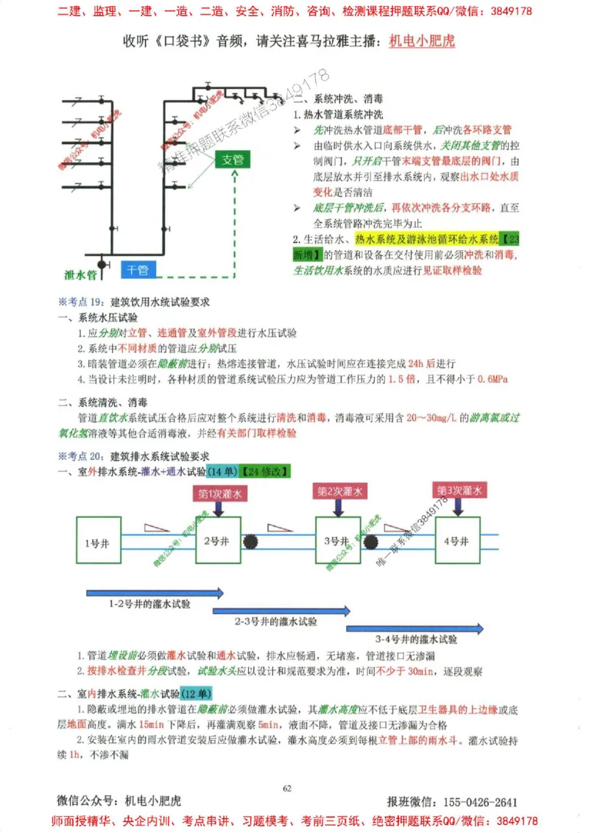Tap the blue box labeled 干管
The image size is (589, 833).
tap(138, 270)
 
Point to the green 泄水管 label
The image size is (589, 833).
tap(81, 274)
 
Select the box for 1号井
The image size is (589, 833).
tap(97, 543)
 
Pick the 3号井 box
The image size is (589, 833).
tap(338, 542)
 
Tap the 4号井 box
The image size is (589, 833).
tap(457, 542)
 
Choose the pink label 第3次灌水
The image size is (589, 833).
tap(458, 491)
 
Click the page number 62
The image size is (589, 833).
tap(287, 788)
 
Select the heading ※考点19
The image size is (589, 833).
tap(81, 302)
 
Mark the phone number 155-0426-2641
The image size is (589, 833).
tap(482, 801)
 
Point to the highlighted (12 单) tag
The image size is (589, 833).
tap(197, 693)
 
